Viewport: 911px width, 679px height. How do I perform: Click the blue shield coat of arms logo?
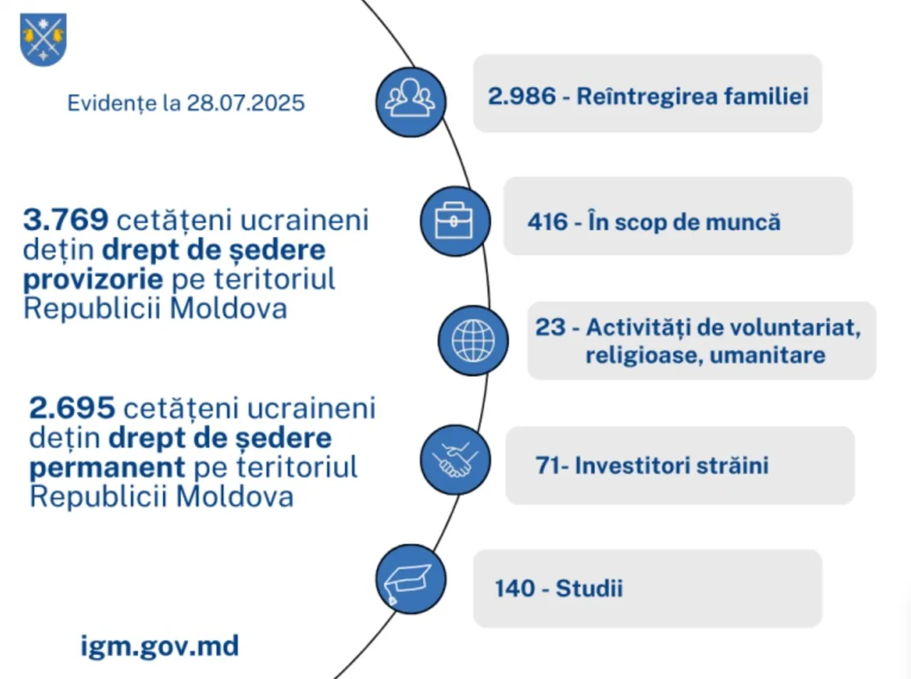click(43, 39)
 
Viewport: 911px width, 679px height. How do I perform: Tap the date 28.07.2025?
click(246, 103)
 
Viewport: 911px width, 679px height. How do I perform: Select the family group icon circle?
click(411, 102)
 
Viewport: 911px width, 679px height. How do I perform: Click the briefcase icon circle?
click(455, 221)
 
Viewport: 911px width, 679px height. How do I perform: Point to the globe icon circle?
click(473, 341)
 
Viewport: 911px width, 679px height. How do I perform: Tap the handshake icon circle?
click(455, 460)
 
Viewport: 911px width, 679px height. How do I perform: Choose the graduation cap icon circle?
click(411, 579)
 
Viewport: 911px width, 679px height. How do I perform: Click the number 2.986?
click(522, 96)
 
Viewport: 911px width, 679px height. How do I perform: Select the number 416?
click(547, 221)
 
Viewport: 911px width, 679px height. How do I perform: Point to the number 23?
click(550, 327)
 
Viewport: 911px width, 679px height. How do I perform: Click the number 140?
click(515, 588)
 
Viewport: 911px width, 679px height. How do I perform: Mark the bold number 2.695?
click(72, 407)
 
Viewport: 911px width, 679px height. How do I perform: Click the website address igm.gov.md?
click(160, 646)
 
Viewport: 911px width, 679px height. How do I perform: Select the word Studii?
click(589, 588)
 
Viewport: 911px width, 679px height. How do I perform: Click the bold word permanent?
click(107, 468)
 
